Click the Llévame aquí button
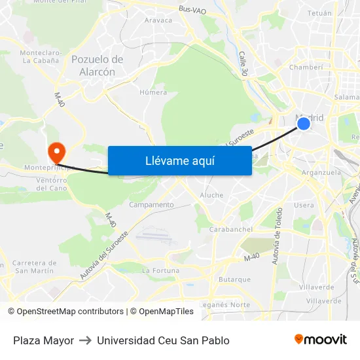pos(179,160)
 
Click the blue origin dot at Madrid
pos(303,123)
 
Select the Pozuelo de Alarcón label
pos(98,65)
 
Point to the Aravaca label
pos(158,20)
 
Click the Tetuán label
pos(319,12)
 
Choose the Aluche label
pos(211,195)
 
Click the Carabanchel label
pos(230,229)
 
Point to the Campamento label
pos(152,205)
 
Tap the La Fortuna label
pos(160,270)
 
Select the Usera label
pos(304,205)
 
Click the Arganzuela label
pos(321,173)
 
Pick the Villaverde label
pos(320,287)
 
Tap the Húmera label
pos(153,92)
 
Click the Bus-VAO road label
pos(192,10)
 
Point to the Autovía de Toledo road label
pos(278,236)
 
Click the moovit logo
pos(320,340)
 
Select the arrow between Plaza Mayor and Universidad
pos(85,340)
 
